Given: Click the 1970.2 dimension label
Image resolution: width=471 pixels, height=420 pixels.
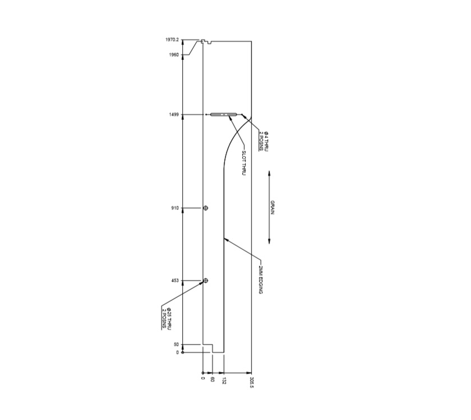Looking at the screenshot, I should tap(172, 40).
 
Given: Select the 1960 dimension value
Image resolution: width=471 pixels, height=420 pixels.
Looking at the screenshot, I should tap(174, 55).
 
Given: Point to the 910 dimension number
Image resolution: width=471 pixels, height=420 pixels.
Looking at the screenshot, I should tap(174, 208).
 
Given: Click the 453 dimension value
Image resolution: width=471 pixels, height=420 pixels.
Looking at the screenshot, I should tap(174, 281).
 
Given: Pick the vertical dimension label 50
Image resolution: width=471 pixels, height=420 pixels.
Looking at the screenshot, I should tap(176, 345).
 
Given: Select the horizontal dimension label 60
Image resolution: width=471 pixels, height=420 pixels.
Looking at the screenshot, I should tap(213, 380).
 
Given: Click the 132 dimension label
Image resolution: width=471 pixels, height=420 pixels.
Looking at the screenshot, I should tap(224, 381).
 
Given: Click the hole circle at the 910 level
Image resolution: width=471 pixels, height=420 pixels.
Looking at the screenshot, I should tap(206, 208).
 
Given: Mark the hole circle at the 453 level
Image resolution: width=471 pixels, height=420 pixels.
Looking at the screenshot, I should tap(206, 281).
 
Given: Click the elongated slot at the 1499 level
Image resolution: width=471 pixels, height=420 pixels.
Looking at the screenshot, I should tap(224, 115).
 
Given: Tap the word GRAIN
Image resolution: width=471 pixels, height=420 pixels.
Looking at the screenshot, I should tap(273, 207).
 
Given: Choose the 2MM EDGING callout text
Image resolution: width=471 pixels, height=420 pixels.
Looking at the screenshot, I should tap(261, 280).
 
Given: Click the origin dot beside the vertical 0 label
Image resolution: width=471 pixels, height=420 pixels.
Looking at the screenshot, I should tap(183, 353).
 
